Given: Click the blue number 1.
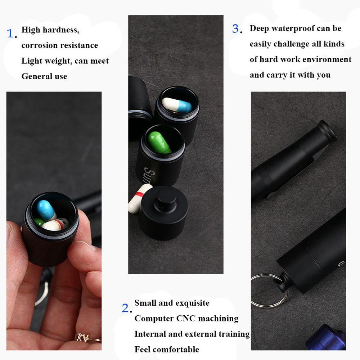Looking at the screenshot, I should [11, 34].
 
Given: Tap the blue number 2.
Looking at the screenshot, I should [125, 308].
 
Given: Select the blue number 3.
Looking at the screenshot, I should [236, 29].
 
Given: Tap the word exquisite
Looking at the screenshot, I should [192, 303].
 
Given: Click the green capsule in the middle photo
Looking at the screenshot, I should [158, 142].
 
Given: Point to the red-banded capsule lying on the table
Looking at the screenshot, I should [139, 199].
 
